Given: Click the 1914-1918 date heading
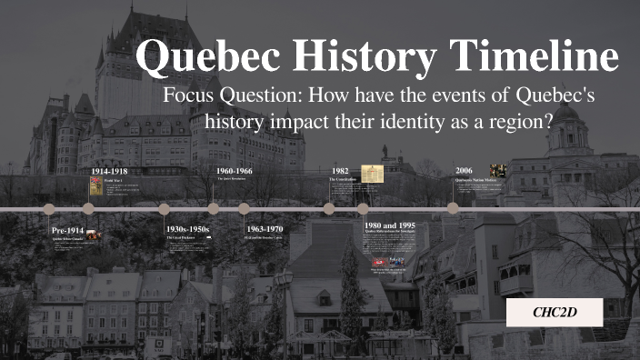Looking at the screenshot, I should [110, 171].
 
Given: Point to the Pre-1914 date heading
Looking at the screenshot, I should [68, 230].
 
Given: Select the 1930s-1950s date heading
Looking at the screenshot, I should [187, 229].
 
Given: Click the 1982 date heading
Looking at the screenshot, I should [340, 171].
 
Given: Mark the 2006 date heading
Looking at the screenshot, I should [464, 171].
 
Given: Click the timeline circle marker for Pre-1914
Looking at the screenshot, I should [49, 209].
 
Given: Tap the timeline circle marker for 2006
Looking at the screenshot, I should [453, 208].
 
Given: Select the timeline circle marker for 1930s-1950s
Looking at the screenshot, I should [165, 208].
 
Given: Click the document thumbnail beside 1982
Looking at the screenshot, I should [372, 174].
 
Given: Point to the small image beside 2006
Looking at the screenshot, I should [497, 170].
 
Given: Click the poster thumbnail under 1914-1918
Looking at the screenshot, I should [95, 186].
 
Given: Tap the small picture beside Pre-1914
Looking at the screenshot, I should [93, 235].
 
